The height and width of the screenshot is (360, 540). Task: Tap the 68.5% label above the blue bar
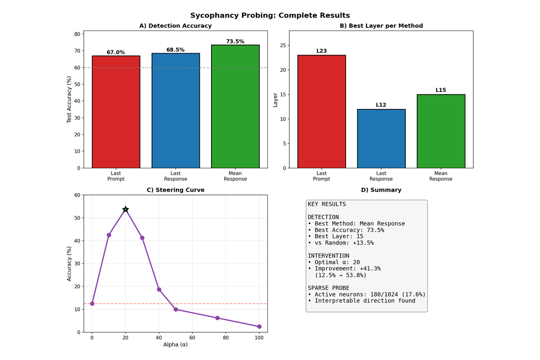coord(175,50)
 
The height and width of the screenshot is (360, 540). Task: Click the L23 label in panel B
coord(321,51)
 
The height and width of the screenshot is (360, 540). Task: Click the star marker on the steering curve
coord(126,209)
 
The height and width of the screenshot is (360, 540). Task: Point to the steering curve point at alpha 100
coord(259,327)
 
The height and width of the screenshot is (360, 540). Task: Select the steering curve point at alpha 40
coord(159,289)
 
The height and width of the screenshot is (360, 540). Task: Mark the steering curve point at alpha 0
coord(92,303)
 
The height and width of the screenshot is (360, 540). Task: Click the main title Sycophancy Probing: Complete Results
coord(270,15)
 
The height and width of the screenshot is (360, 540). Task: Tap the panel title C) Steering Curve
coord(175,190)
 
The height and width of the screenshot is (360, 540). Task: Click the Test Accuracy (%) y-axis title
coord(69,99)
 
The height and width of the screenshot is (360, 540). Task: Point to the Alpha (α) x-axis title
coord(175,345)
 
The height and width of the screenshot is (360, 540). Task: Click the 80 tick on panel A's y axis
coord(77,34)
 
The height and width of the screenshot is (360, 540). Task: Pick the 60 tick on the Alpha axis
coord(192,337)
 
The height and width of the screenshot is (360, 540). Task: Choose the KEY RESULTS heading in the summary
coord(327,204)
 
